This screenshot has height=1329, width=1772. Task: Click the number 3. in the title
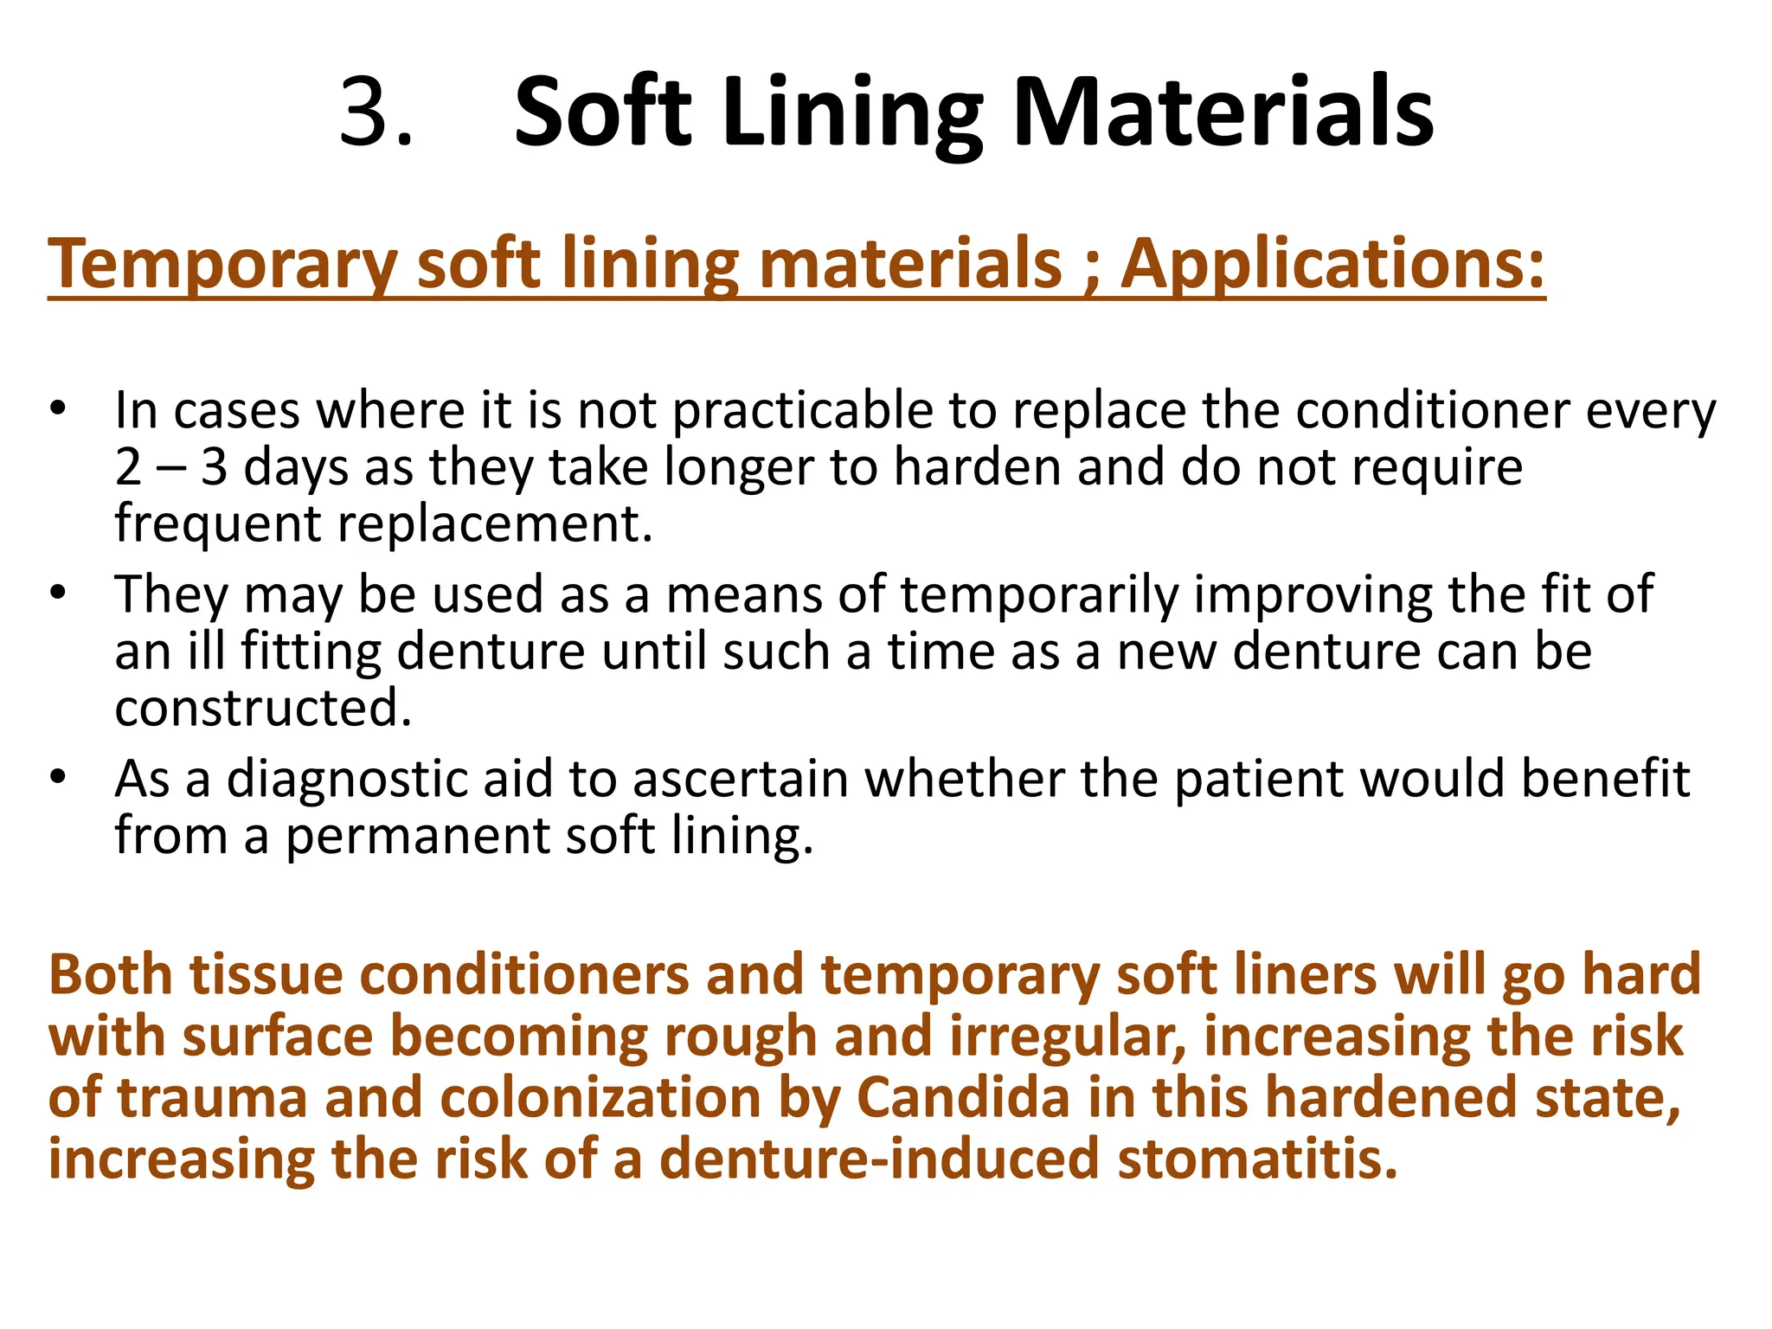click(x=376, y=112)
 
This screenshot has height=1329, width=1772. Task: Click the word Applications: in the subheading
click(x=1333, y=263)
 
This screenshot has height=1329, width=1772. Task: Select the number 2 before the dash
click(x=128, y=467)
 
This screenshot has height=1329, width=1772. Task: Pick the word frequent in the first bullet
click(x=217, y=524)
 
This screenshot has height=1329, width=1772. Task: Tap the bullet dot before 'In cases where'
click(x=57, y=408)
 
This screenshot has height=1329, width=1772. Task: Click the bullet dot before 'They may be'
click(x=57, y=593)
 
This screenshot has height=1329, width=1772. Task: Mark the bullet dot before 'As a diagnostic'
click(x=57, y=777)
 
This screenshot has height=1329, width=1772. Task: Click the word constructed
click(x=263, y=709)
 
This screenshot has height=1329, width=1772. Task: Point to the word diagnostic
click(x=389, y=780)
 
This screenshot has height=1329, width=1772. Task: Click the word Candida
click(x=963, y=1098)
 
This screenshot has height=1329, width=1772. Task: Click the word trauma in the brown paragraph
click(x=212, y=1098)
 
